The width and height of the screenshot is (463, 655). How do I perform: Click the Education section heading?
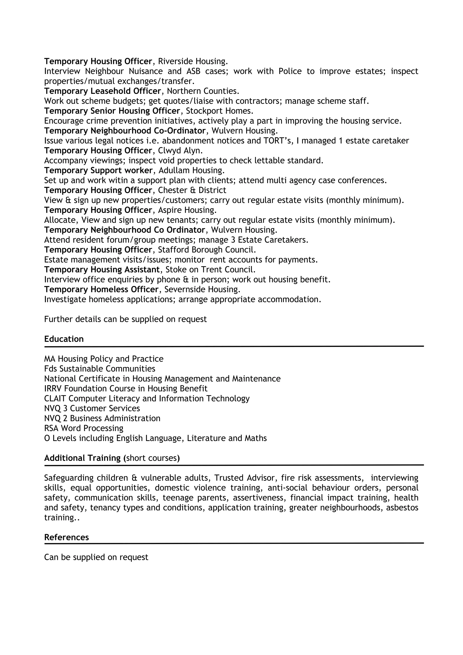(x=64, y=339)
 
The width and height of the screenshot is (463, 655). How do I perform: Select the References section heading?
(x=66, y=537)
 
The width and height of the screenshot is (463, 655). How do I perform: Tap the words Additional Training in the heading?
(x=83, y=458)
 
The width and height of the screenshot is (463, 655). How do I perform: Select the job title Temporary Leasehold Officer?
(x=103, y=91)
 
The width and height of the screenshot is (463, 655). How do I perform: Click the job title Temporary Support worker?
(x=98, y=170)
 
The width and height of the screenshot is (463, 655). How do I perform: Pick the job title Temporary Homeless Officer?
(x=101, y=289)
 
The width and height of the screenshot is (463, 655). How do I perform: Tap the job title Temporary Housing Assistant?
(x=102, y=270)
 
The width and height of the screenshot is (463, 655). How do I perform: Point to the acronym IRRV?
(x=53, y=389)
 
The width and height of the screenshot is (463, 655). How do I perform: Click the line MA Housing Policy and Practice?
(x=104, y=359)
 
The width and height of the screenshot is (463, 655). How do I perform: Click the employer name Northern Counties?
(x=203, y=91)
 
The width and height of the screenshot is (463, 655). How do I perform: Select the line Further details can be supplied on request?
(x=125, y=319)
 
